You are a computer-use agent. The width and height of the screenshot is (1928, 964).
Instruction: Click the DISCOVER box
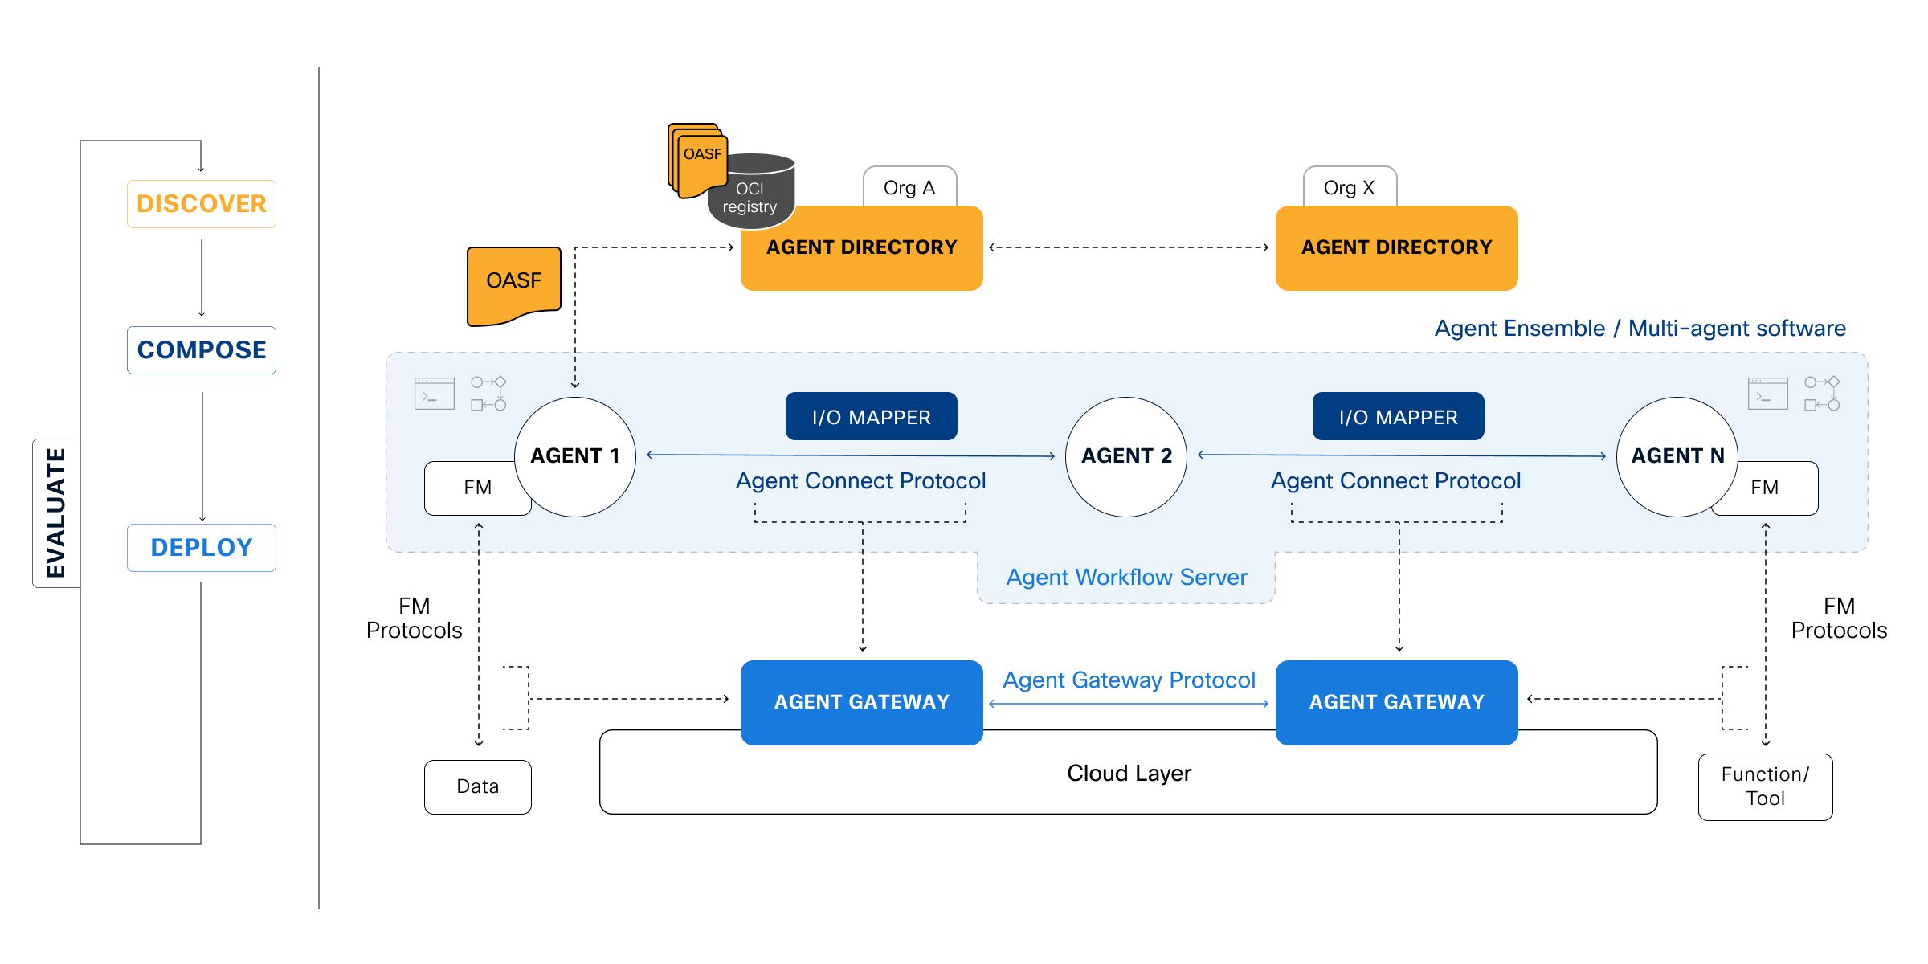tap(201, 204)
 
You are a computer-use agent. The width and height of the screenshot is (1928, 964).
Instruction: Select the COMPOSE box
tap(201, 350)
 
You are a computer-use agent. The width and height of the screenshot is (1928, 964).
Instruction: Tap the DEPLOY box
tap(201, 548)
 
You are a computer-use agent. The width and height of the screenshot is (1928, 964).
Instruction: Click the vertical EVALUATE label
tap(55, 513)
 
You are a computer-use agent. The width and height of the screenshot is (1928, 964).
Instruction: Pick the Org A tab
tap(909, 188)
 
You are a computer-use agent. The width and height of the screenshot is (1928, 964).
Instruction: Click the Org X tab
tap(1350, 188)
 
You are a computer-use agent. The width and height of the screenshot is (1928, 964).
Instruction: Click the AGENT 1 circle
tap(575, 456)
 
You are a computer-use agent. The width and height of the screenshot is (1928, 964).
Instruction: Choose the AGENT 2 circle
tap(1126, 456)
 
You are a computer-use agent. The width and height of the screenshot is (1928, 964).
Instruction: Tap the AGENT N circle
tap(1677, 456)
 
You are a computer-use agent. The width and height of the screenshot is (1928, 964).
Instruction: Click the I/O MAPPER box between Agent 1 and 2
tap(871, 417)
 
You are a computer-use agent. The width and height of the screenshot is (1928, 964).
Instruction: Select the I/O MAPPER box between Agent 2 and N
tap(1398, 417)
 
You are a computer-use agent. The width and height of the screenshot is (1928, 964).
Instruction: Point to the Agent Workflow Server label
tap(1126, 578)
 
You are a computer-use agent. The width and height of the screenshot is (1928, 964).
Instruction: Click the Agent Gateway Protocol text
tap(1129, 680)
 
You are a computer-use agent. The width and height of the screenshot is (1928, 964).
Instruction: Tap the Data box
tap(478, 786)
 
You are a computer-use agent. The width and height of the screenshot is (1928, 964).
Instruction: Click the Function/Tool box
tap(1765, 786)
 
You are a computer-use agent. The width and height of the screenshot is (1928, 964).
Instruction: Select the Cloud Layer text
tap(1129, 774)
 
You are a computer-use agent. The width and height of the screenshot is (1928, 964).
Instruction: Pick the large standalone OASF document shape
tap(513, 284)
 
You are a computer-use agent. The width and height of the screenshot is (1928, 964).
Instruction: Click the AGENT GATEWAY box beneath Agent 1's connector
tap(861, 702)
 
